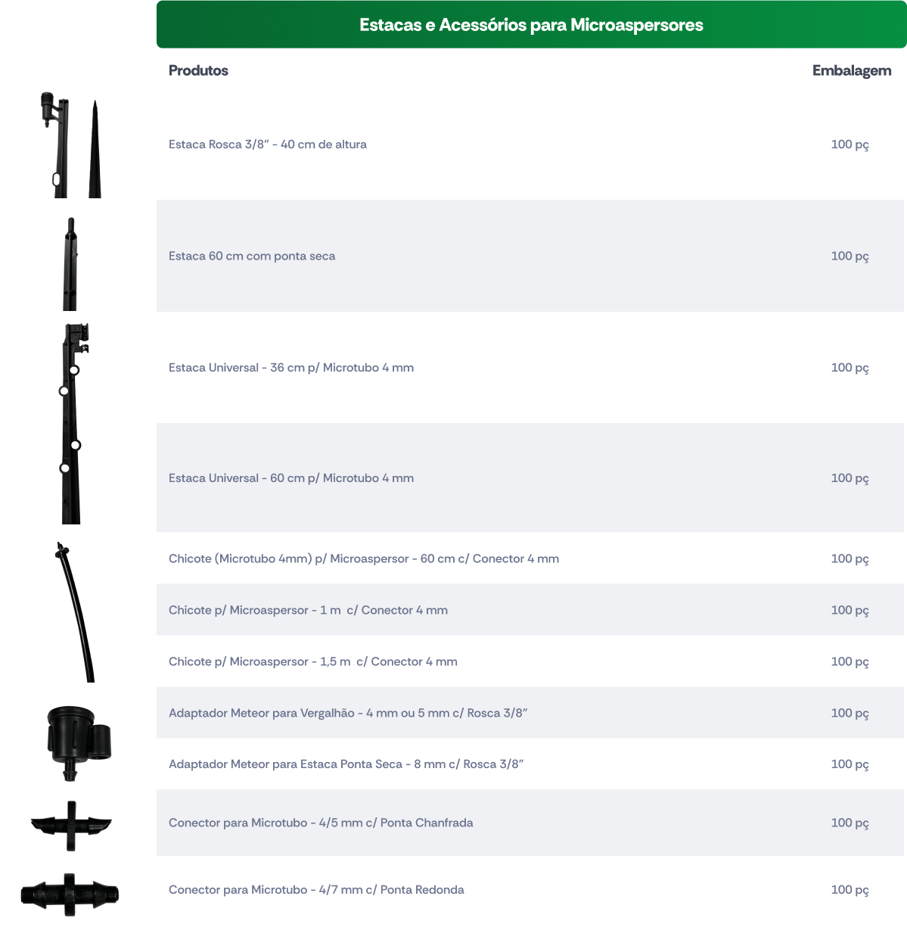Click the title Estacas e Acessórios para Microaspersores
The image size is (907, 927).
point(531,25)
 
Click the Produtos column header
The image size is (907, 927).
point(198,70)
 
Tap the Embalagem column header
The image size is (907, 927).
point(852,70)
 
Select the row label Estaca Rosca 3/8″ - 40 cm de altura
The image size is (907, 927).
point(267,145)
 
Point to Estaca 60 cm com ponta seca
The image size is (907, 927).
point(251,256)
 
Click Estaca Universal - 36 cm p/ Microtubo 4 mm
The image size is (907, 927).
point(291,368)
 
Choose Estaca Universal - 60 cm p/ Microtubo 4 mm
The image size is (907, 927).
point(291,478)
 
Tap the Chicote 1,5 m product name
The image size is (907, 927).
point(312,661)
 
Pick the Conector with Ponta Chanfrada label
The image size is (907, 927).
point(321,823)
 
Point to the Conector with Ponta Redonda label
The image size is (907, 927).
point(316,889)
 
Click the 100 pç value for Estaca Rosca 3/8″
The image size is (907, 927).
point(850,145)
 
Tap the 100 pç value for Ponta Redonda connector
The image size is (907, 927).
point(850,890)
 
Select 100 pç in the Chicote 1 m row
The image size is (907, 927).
point(850,611)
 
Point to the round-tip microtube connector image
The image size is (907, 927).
point(70,894)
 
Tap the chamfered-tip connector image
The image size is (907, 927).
point(71,826)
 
